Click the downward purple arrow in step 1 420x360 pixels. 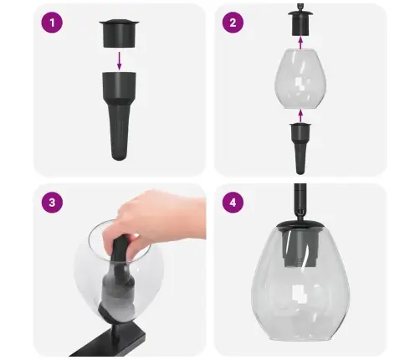tap(119, 59)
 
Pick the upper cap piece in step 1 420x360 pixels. tap(118, 32)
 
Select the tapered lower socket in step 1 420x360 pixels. tap(119, 113)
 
